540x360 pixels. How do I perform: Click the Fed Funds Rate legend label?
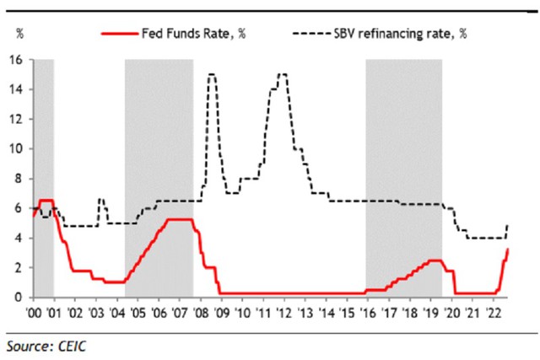194,34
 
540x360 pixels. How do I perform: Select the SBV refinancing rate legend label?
401,34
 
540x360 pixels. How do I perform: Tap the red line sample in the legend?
120,34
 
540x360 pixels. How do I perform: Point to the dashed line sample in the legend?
312,34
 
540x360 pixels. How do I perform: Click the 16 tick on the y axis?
16,60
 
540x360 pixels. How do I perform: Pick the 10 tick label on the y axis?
16,149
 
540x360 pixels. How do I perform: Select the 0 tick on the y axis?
19,298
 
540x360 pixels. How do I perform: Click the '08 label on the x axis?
200,313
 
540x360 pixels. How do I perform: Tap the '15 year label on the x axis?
347,313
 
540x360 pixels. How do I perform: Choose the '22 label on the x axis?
493,313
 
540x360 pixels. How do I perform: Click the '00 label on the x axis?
34,313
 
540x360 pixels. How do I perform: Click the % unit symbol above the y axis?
20,34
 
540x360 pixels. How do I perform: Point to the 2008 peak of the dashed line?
212,74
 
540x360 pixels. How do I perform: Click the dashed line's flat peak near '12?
283,74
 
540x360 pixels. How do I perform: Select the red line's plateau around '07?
180,219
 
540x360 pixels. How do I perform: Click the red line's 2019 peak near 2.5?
435,261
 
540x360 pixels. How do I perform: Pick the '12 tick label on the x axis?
283,313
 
